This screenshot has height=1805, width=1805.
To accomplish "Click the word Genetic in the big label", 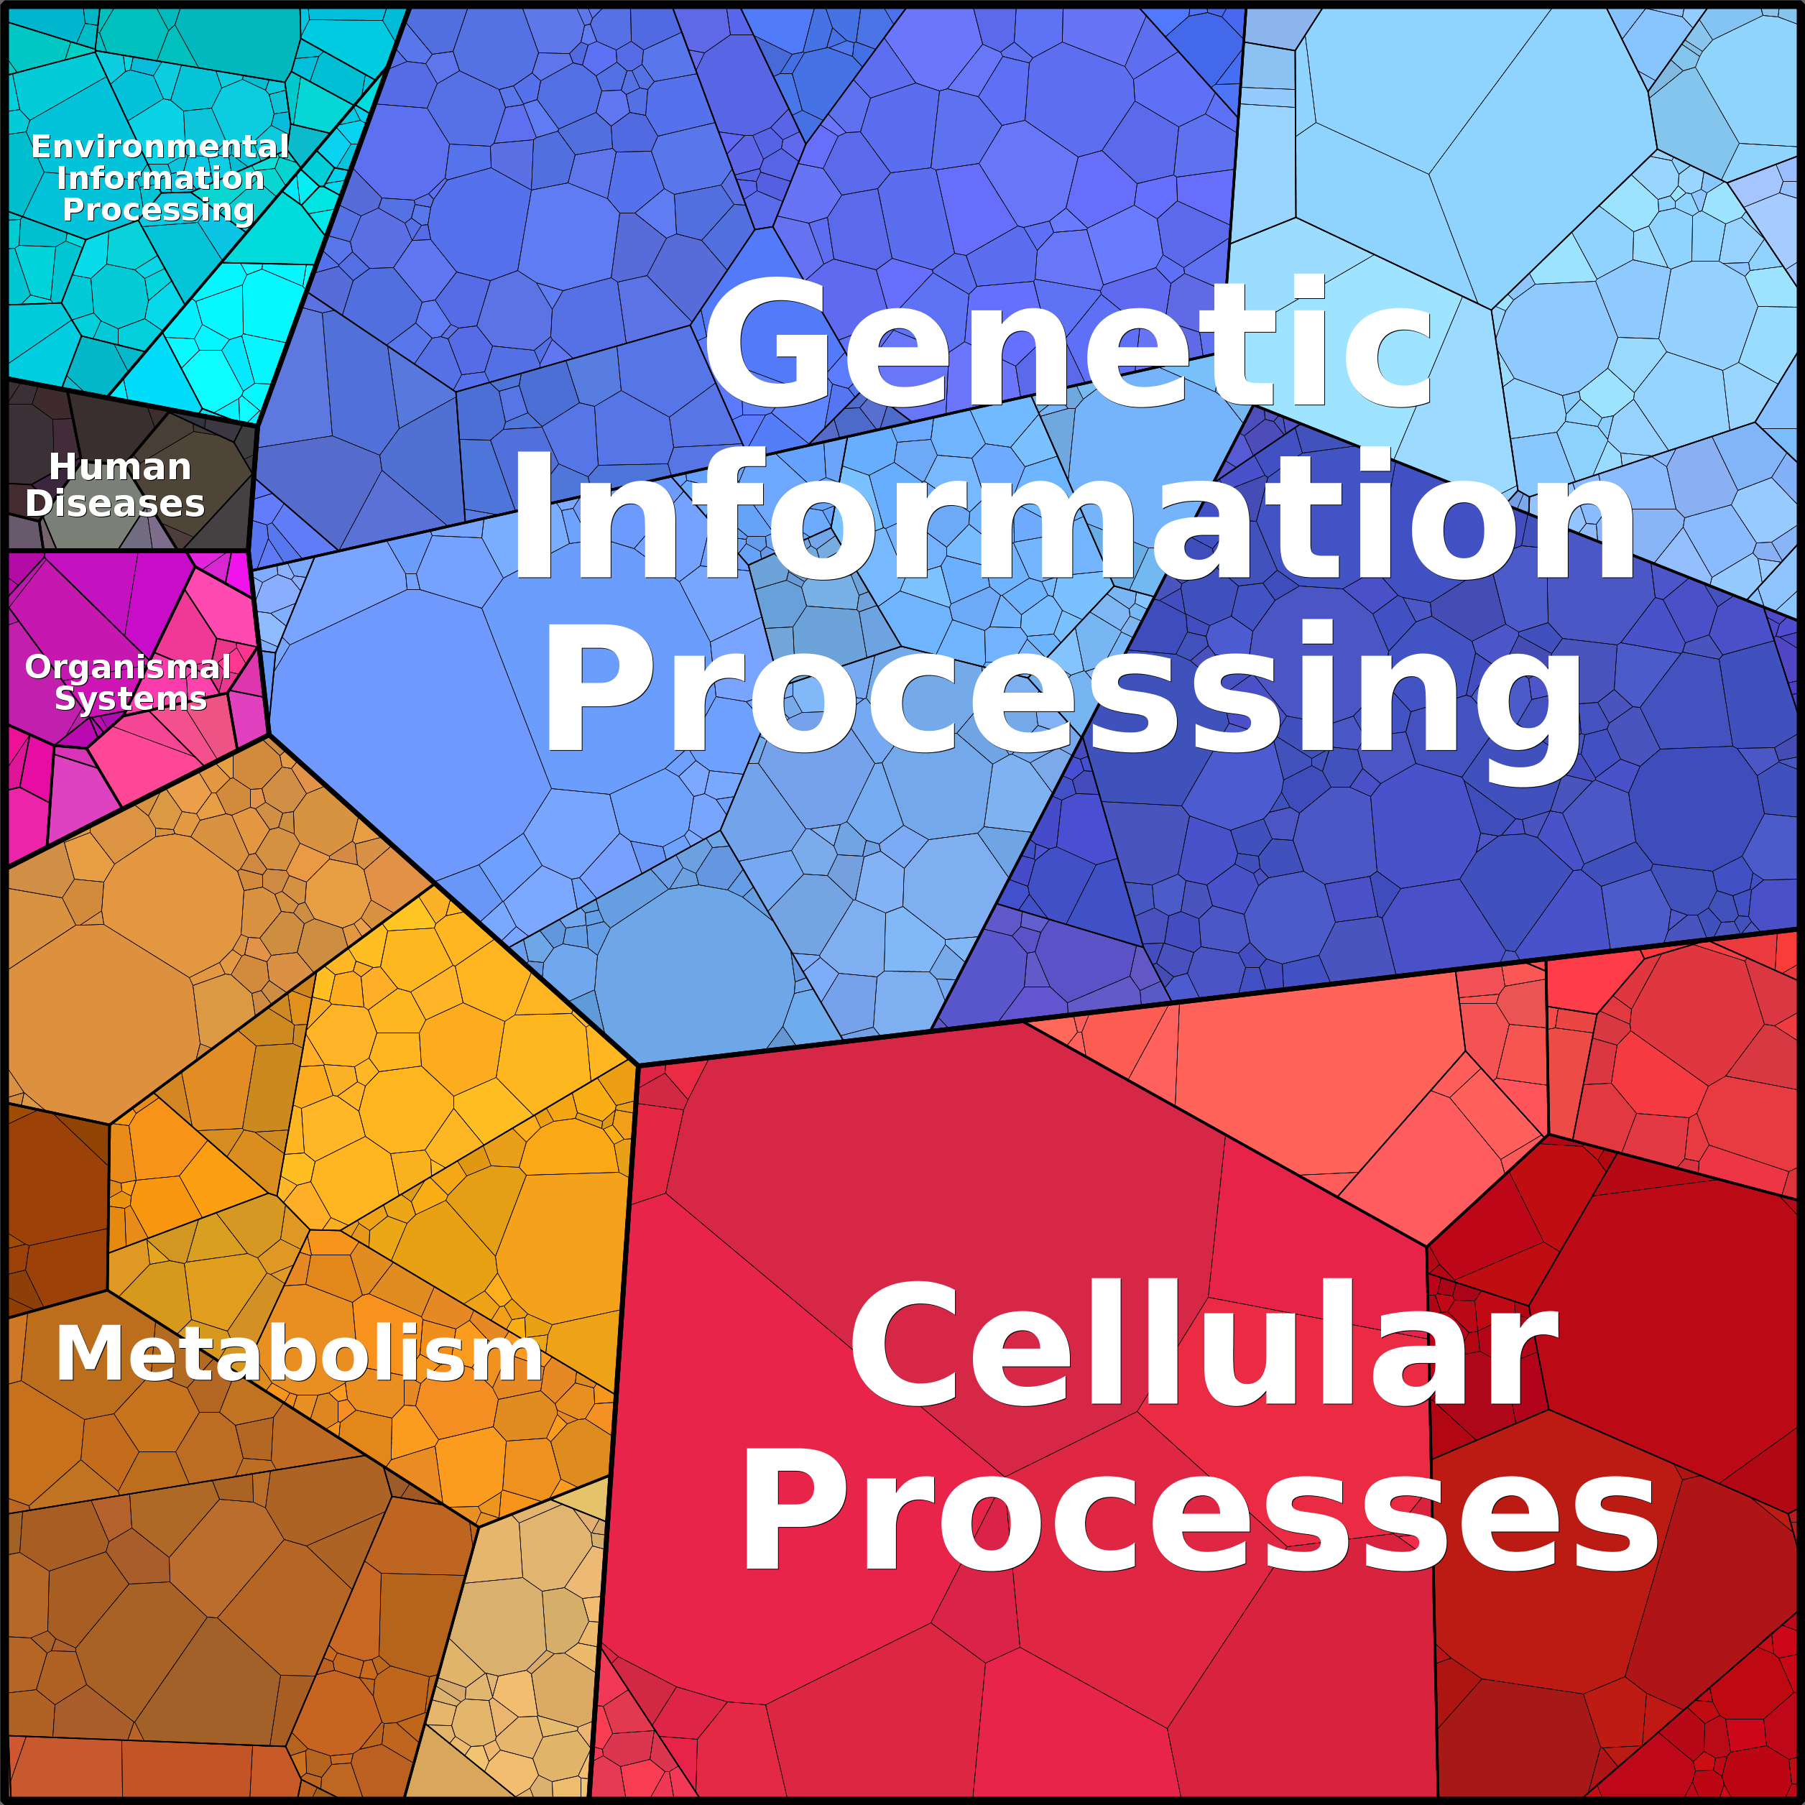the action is (x=1068, y=343).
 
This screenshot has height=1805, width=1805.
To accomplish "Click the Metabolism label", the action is (x=299, y=1354).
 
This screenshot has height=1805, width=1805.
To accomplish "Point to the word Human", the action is (x=119, y=467).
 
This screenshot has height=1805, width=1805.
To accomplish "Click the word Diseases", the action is (x=115, y=504).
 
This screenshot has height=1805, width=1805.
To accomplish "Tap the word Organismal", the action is (x=128, y=667).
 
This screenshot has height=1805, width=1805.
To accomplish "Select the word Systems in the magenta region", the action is (x=131, y=699).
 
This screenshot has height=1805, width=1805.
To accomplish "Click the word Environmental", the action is (x=160, y=147).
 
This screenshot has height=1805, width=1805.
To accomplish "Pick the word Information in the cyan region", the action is (x=161, y=177).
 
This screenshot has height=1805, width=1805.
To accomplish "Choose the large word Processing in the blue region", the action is (x=1063, y=696).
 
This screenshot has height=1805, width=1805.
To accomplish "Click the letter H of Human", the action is (x=63, y=467).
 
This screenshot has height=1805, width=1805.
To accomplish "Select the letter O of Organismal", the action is (x=40, y=667).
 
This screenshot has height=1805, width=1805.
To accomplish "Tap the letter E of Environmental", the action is (x=41, y=147).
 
